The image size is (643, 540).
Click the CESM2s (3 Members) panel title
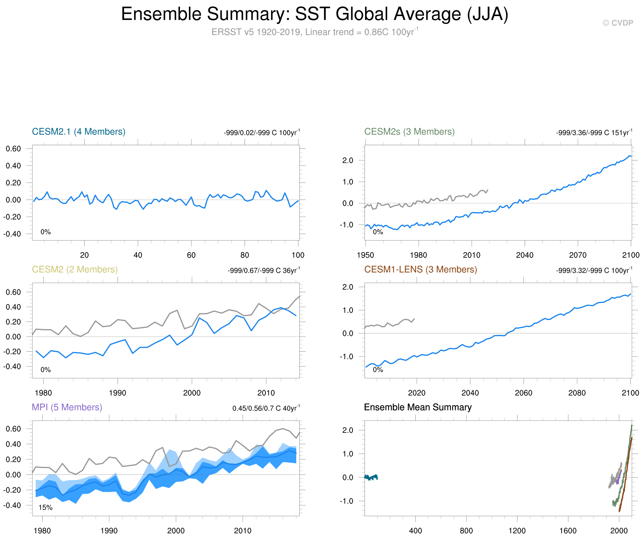pos(409,132)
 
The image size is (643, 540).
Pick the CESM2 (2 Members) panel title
pos(75,269)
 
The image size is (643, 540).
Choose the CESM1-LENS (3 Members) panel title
pos(420,269)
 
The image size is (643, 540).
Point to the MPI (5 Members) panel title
pos(67,407)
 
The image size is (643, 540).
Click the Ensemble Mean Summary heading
pos(418,407)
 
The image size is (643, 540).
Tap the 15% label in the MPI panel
pos(45,508)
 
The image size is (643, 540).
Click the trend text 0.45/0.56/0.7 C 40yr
pos(266,408)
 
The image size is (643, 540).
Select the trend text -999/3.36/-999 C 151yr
pos(594,133)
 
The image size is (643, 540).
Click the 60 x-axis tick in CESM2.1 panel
pos(191,255)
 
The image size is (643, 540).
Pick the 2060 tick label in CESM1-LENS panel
pos(523,393)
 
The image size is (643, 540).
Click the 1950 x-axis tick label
pos(365,255)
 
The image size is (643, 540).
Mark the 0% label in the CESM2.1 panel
pos(46,232)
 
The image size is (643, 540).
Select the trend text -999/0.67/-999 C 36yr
pos(264,270)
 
